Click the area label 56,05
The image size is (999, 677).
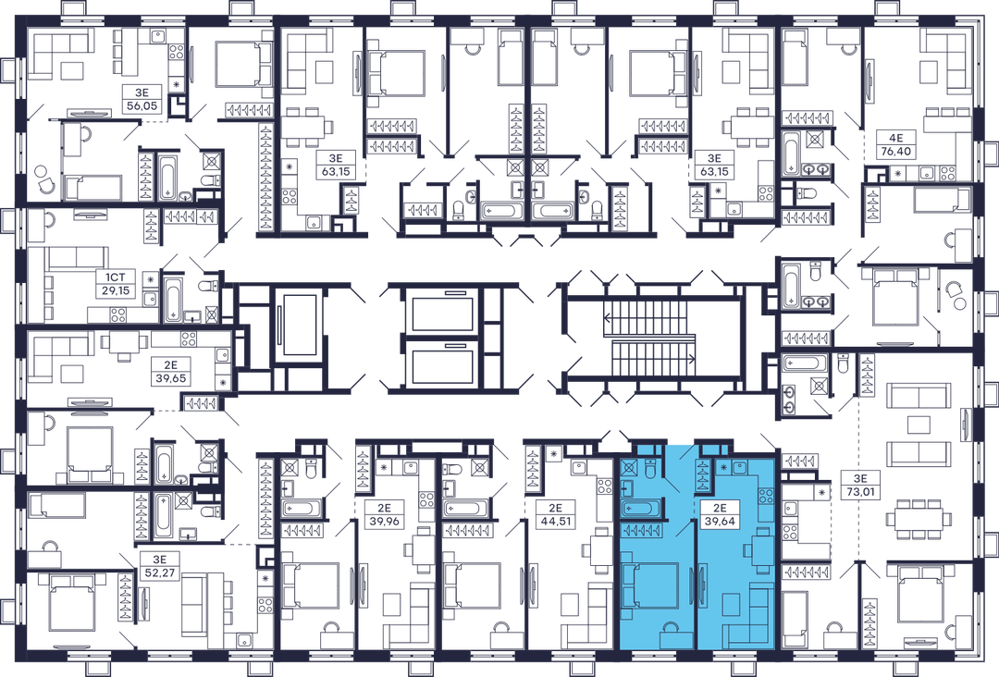click(x=142, y=106)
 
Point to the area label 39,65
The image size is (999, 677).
click(x=170, y=378)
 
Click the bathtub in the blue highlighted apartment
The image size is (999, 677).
click(x=642, y=509)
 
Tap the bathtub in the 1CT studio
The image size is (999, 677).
click(x=173, y=300)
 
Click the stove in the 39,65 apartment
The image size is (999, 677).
click(x=188, y=338)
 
